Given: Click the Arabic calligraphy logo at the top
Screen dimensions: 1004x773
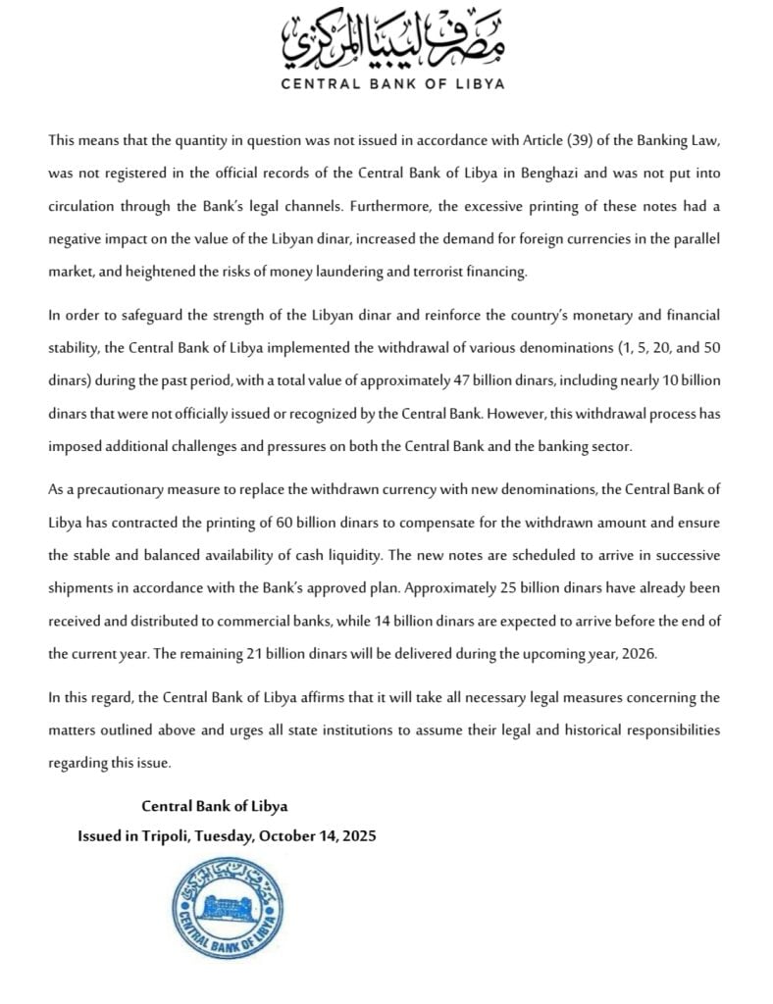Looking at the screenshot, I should coord(392,38).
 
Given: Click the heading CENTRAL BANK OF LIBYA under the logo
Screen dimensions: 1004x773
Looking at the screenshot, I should coord(392,83).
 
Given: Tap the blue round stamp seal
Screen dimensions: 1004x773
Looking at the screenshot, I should coord(229,909).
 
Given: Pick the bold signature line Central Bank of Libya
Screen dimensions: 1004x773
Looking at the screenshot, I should coord(215,806).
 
